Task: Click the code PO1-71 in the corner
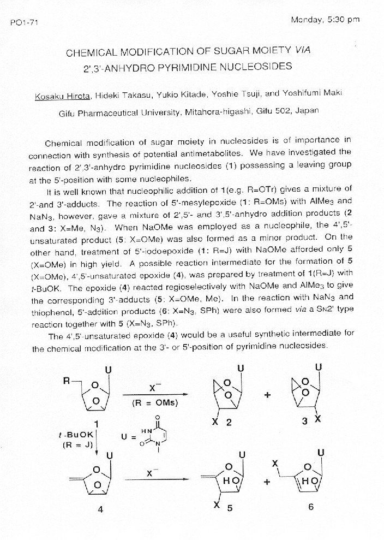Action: tap(25, 23)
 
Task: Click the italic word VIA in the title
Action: tap(302, 50)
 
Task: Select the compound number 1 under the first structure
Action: tap(96, 422)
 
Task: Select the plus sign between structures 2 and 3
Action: tap(267, 395)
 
